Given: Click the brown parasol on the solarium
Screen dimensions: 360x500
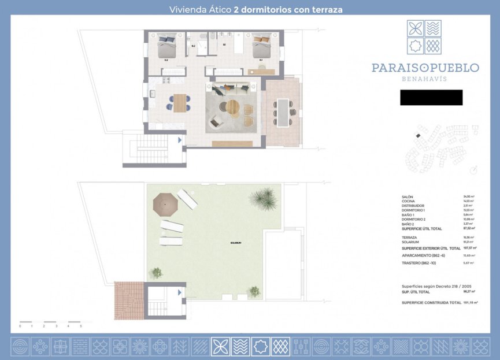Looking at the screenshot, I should click(165, 202).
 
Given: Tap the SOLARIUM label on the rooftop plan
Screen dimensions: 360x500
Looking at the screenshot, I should click(235, 243).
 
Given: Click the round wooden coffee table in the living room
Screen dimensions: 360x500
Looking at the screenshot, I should click(232, 107).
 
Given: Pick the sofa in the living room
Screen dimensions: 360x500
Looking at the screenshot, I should click(231, 89).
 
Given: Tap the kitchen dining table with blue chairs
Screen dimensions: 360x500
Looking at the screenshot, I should click(180, 103).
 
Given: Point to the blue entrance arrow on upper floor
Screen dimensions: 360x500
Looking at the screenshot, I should click(180, 140).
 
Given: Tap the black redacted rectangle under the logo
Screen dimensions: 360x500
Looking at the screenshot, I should click(431, 98).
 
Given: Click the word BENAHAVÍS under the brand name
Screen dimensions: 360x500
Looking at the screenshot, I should click(425, 79).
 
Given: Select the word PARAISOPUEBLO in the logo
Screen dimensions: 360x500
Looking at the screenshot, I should click(425, 68).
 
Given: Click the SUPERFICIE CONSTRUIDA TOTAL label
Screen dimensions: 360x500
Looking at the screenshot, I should click(431, 302).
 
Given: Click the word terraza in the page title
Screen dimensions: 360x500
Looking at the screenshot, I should click(327, 9).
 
